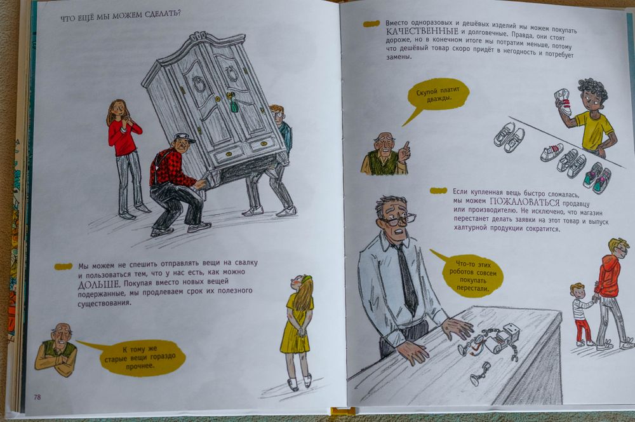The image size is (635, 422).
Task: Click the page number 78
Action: coord(37,397)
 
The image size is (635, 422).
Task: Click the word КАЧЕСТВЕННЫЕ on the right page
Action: coord(422,32)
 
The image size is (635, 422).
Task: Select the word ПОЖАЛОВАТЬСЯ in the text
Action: coord(525,201)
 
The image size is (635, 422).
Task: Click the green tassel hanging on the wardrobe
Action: coord(234,105)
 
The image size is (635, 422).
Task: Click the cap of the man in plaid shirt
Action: coord(184,137)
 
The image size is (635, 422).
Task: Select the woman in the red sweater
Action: coord(126,159)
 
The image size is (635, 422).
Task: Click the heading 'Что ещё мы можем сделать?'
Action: coord(120,15)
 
